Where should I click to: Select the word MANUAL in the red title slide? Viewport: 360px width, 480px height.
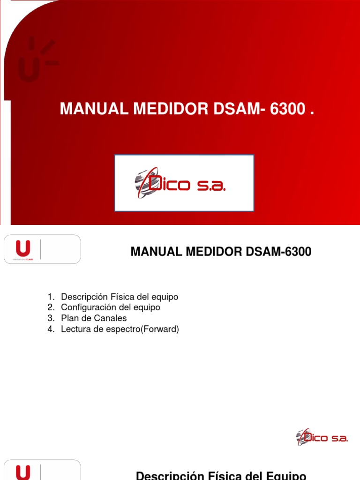coord(94,109)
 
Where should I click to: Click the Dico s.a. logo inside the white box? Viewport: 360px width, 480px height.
coord(180,183)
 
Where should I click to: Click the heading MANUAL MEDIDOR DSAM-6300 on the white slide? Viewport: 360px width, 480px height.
coord(221,252)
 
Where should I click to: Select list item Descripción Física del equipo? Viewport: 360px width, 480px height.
coord(120,297)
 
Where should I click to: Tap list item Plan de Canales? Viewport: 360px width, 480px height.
coord(94,318)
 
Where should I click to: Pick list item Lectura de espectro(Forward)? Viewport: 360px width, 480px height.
coord(120,329)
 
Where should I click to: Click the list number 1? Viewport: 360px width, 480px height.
coord(51,297)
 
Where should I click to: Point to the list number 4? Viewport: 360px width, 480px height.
coord(51,329)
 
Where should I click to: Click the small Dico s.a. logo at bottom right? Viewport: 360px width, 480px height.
coord(322,437)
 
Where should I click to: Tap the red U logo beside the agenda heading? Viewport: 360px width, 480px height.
coord(23,249)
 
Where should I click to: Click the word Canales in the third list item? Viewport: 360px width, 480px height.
coord(112,318)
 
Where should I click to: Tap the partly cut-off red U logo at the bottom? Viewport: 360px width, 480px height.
coord(23,472)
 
